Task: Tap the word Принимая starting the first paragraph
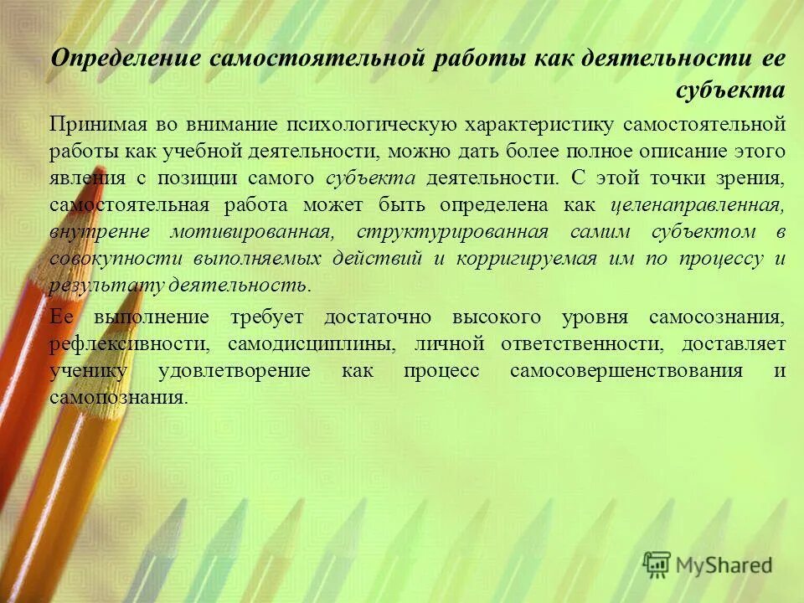(97, 125)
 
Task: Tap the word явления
(80, 178)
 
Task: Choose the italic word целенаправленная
(698, 205)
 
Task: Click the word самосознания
(716, 317)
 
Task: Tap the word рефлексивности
(128, 344)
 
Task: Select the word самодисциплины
(312, 344)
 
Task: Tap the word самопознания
(115, 398)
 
